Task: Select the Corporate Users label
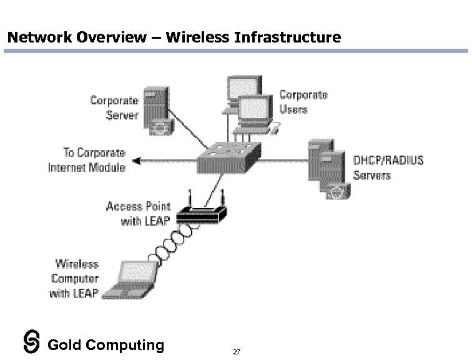pyautogui.click(x=303, y=102)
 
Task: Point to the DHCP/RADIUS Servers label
pyautogui.click(x=388, y=167)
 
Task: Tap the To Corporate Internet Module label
pyautogui.click(x=87, y=160)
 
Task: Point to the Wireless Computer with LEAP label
pyautogui.click(x=74, y=279)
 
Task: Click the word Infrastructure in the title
pyautogui.click(x=287, y=37)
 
